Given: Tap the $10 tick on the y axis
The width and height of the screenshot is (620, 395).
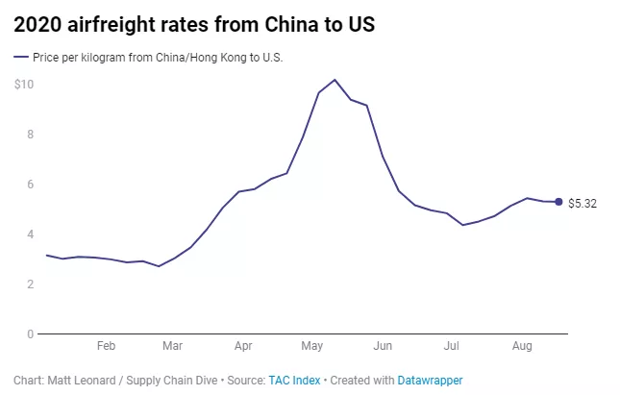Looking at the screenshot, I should coord(24,85).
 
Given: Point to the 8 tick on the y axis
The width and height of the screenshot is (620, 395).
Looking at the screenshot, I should coord(30,135).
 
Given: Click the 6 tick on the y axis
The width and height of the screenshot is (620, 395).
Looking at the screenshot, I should coord(30,185).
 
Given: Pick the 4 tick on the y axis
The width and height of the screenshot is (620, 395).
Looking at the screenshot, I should coord(30,235).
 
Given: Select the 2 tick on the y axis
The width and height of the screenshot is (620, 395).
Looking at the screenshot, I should coord(30,284).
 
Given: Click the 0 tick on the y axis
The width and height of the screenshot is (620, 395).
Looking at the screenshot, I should coord(30,334).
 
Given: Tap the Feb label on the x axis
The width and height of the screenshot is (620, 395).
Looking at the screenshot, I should coord(106,345).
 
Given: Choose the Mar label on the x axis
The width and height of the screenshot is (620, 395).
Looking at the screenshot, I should coord(173,345).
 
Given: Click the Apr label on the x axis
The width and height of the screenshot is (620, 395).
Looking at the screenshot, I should coord(243,345).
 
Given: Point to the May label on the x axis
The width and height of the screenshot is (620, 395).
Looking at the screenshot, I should coord(312,345).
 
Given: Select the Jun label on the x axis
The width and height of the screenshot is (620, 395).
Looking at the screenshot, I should coord(383,345).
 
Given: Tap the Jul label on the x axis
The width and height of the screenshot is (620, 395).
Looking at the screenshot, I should coord(452,345).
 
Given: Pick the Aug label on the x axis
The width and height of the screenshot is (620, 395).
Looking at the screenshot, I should coord(522,345).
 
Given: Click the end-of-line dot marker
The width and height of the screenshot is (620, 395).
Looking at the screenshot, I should coord(558,202).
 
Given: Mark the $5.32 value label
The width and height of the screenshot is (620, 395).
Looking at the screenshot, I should coord(583,204).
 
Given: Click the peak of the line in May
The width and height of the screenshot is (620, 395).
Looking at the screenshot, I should coord(334,80).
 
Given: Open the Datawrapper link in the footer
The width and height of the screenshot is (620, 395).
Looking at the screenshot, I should coord(430,381).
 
